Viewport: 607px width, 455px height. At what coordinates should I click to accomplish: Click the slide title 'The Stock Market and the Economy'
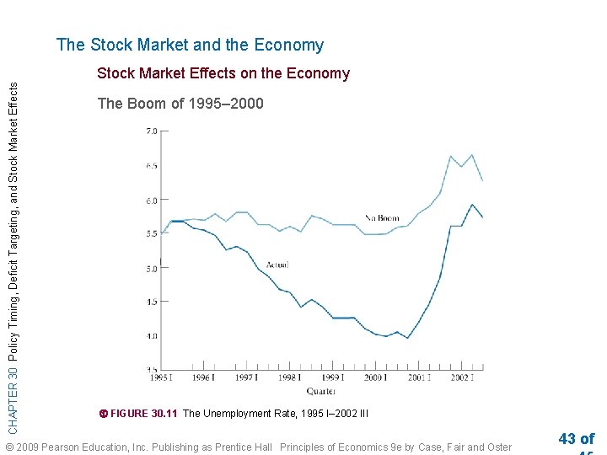point(190,45)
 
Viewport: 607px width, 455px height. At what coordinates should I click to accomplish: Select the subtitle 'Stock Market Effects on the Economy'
point(223,73)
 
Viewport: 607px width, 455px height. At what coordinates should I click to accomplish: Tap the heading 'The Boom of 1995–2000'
point(180,104)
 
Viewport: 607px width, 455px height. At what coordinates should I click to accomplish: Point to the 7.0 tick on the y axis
point(152,131)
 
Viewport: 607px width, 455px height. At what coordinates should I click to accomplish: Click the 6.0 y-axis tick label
point(152,201)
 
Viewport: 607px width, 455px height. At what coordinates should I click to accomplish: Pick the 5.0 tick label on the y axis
point(152,269)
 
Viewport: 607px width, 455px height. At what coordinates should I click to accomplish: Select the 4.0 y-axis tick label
point(152,336)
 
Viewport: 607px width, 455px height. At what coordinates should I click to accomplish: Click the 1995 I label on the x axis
point(162,378)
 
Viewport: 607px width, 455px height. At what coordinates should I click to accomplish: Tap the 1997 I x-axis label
point(247,378)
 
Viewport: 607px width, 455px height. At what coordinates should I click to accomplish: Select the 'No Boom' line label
point(382,218)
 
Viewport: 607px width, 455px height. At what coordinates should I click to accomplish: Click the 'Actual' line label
point(277,265)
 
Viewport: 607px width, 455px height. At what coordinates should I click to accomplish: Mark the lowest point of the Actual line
point(408,338)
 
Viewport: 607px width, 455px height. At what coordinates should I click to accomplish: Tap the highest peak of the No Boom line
point(471,155)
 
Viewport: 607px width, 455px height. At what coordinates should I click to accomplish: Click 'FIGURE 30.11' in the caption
point(144,414)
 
